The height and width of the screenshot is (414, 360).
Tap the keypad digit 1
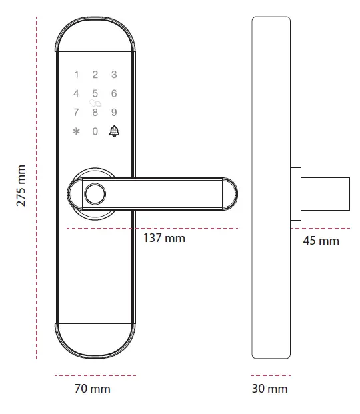pos(76,75)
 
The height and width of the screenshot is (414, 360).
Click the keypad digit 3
pos(114,75)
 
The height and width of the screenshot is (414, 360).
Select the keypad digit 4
pos(76,93)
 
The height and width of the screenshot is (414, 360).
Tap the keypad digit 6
pos(114,93)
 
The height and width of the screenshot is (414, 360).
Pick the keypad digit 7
pos(76,112)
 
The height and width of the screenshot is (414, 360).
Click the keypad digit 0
pos(95,131)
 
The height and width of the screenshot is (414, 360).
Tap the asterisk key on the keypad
pos(75,131)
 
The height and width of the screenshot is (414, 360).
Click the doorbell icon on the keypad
pos(114,131)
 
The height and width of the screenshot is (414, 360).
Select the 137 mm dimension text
pos(165,238)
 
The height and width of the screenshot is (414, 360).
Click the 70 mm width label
pos(91,388)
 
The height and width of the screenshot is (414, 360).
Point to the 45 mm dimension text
pos(321,240)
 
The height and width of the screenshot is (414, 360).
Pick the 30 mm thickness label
pos(270,388)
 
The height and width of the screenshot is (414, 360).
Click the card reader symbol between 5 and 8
pos(95,103)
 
